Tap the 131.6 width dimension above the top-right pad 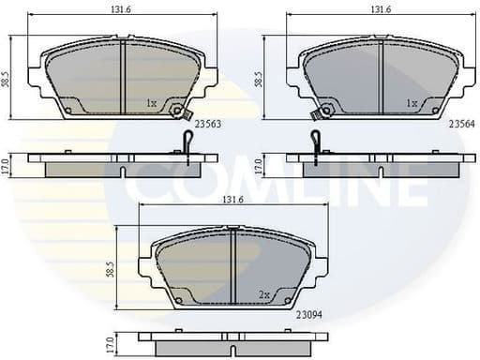[380, 10]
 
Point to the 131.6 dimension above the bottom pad [232, 200]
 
